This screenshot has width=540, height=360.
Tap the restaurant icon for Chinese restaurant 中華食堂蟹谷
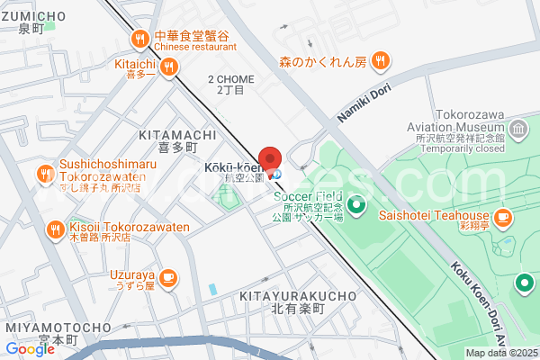(x=139, y=39)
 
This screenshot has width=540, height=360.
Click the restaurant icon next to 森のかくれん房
(x=382, y=61)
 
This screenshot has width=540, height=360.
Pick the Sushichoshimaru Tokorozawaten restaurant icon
(x=46, y=174)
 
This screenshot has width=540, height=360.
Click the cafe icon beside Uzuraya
(x=169, y=276)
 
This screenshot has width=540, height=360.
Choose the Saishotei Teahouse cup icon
(x=504, y=216)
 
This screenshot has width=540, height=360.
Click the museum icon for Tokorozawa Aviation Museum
(x=518, y=131)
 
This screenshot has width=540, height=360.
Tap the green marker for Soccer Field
(x=356, y=206)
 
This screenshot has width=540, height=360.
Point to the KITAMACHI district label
(x=177, y=134)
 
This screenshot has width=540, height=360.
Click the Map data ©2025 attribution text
(x=500, y=353)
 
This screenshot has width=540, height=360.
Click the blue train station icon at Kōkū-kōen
(x=276, y=173)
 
